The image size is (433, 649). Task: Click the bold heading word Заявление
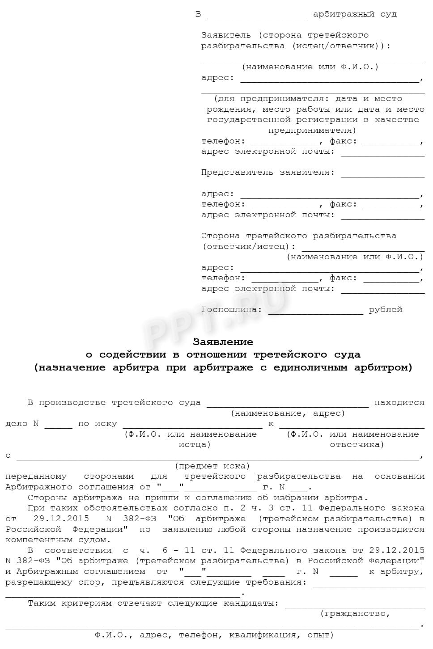[223, 342]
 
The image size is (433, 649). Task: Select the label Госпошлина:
[231, 309]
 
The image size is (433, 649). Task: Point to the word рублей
[386, 309]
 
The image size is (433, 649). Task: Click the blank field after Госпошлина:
[315, 312]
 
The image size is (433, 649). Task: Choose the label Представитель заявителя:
[267, 172]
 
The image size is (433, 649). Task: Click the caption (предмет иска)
[212, 466]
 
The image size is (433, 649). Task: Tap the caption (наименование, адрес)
[288, 413]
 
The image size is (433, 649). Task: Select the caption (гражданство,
[355, 614]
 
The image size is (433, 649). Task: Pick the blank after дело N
[58, 426]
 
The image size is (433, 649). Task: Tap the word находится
[399, 402]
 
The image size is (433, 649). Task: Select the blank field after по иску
[192, 426]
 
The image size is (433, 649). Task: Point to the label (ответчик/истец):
[249, 246]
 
